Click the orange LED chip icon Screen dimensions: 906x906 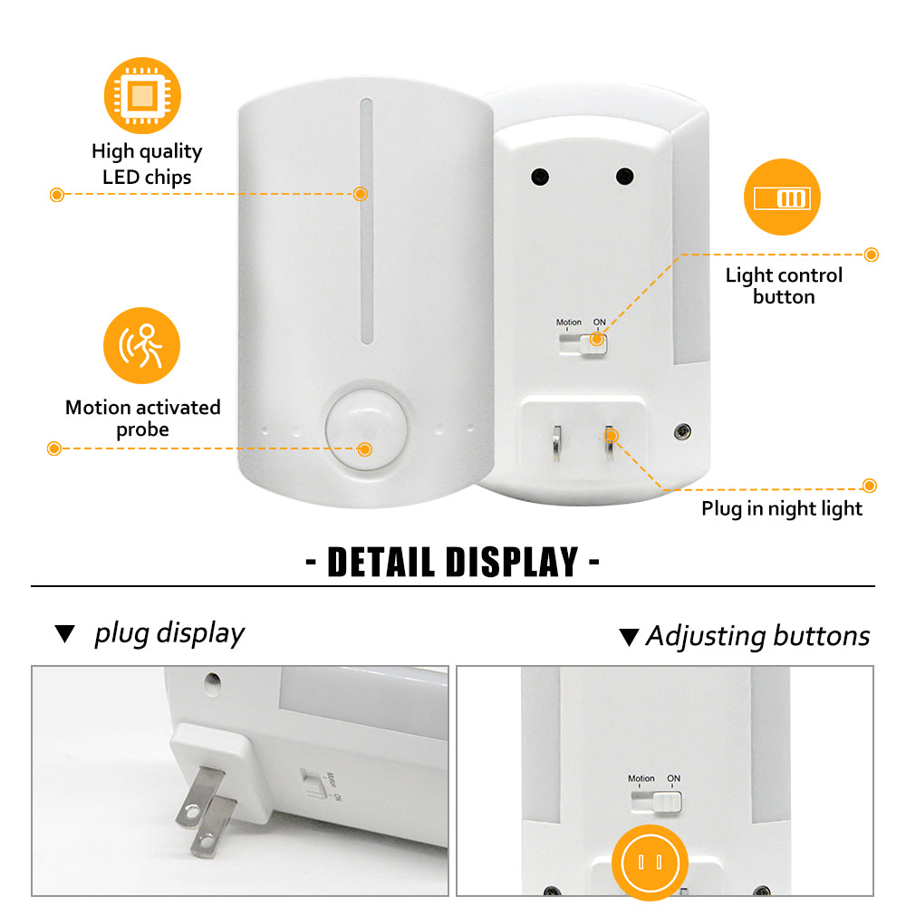(x=142, y=95)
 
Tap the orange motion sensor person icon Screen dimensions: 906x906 (x=141, y=345)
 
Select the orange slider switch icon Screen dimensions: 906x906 (x=782, y=197)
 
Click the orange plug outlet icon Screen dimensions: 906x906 (x=650, y=863)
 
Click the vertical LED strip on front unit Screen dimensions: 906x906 (x=366, y=221)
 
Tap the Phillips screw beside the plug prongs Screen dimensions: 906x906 (x=682, y=431)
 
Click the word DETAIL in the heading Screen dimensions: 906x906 (x=381, y=562)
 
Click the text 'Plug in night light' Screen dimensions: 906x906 (x=782, y=508)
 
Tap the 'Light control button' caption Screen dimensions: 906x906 (x=784, y=285)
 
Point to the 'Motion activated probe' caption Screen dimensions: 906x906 (x=143, y=419)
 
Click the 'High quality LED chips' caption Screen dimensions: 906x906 (x=147, y=164)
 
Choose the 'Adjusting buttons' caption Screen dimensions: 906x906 (x=757, y=636)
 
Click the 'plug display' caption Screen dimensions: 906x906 (x=169, y=634)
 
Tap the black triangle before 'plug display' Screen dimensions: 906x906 (x=64, y=634)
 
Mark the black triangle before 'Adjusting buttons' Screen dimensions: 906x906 (x=629, y=637)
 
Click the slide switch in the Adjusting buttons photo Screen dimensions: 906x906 (x=656, y=802)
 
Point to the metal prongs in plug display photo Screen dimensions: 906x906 (x=206, y=810)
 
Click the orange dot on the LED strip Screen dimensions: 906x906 (x=361, y=194)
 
